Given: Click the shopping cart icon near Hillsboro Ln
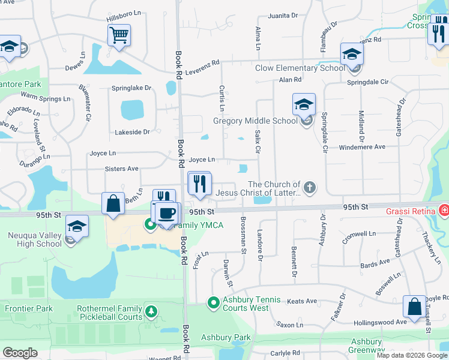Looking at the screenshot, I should [119, 35].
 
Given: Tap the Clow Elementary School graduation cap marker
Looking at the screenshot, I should [352, 55].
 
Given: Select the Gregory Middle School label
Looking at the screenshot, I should [256, 121].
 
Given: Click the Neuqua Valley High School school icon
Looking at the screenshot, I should [77, 227].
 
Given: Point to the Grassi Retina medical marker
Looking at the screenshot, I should [444, 210].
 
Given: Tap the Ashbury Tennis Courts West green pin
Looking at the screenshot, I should [212, 302].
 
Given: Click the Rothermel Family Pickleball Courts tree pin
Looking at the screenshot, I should [152, 311].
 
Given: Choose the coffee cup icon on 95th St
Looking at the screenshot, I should [168, 213].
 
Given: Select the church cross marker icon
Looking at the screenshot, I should [310, 188].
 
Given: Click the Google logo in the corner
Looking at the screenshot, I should [20, 353].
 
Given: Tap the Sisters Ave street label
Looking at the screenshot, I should [121, 169].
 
